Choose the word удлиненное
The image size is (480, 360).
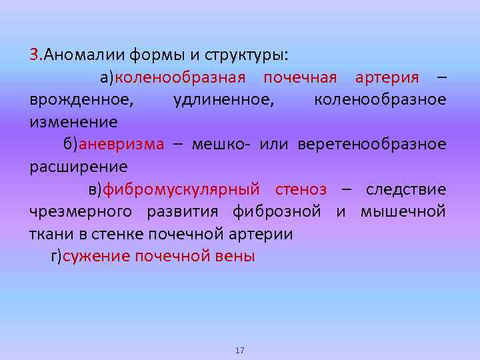click(222, 100)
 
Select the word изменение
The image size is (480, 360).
click(73, 122)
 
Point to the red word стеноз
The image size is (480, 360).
click(301, 189)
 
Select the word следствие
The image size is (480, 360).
click(406, 189)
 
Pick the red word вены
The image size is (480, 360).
click(234, 257)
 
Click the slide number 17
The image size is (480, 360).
click(240, 350)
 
